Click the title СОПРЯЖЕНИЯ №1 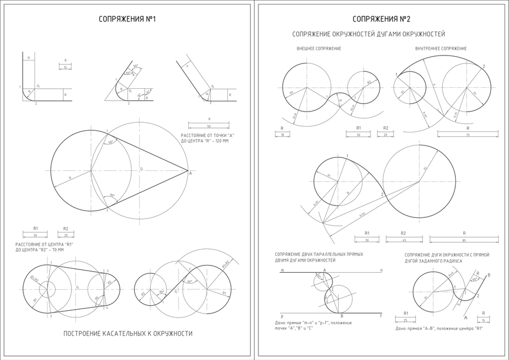coord(127,19)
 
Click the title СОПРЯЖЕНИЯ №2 coord(382,19)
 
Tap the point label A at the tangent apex coord(190,174)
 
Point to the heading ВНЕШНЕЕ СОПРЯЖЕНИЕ coord(319,49)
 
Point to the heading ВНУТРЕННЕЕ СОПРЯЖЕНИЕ coord(441,49)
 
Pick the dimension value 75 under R coord(468,135)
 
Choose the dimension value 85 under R coord(464,241)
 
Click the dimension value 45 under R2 coord(403,241)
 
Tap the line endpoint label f coord(381,316)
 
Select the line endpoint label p coord(281,316)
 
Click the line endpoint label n coord(381,270)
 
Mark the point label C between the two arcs coord(333,290)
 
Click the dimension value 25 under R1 coord(406,320)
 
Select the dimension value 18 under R coord(282,135)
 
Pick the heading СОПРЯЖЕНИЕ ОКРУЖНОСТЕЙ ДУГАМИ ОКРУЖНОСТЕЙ coord(368,35)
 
